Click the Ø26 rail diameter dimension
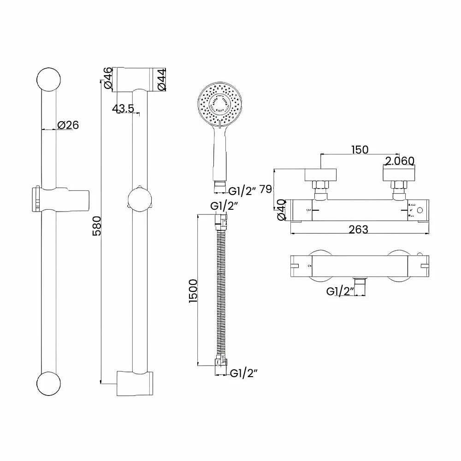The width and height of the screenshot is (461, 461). [68, 125]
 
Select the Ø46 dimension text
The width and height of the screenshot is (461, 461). [107, 78]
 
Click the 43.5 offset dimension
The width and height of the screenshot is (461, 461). [123, 109]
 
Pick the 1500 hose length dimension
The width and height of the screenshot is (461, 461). [193, 290]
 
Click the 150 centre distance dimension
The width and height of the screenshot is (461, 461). [360, 150]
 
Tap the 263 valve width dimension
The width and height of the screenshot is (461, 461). [359, 229]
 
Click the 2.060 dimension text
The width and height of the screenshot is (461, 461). [400, 161]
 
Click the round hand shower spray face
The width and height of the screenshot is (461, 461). [219, 104]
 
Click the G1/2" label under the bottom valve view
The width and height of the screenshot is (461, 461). [340, 291]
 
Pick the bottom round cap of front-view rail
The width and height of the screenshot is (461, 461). [48, 383]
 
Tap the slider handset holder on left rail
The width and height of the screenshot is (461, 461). [60, 199]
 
